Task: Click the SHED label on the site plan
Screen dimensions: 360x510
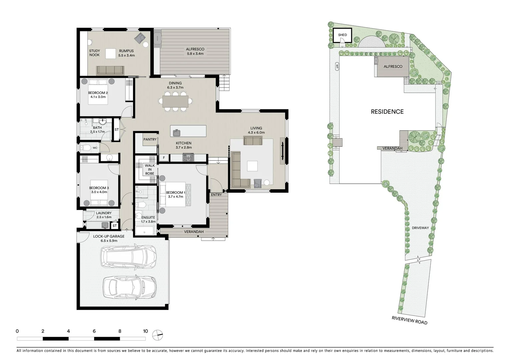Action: coord(342,35)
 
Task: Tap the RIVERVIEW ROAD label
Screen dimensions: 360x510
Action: coord(409,320)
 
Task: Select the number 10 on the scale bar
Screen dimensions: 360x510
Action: coord(145,331)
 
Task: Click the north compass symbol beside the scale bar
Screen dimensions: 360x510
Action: coord(157,335)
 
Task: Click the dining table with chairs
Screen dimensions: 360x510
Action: coord(175,101)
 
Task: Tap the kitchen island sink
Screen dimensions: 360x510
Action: coord(176,133)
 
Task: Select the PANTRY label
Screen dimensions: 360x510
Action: coord(150,139)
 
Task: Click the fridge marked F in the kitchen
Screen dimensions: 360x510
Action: coord(164,158)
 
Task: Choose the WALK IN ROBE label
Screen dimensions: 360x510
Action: coord(150,169)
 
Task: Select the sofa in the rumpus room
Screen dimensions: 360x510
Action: coord(110,70)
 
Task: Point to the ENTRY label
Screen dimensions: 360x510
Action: coord(216,195)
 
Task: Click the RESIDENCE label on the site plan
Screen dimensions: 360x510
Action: coord(387,112)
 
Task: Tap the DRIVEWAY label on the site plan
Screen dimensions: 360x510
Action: coord(420,228)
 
